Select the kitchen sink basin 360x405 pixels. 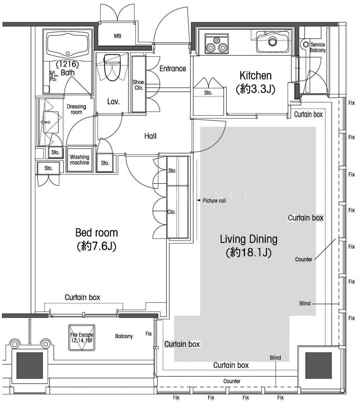tap(273, 42)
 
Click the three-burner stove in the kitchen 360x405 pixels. tap(217, 44)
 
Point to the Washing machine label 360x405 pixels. tap(80, 160)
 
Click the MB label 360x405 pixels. tap(117, 36)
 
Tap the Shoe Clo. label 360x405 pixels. tap(139, 85)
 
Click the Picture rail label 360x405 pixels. tap(214, 201)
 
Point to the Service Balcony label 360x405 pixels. tap(317, 47)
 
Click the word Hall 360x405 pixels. tap(150, 136)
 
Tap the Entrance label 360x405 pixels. tap(173, 69)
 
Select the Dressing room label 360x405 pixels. tap(76, 109)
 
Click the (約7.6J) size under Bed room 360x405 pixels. tap(96, 246)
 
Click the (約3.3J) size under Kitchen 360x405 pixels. tap(256, 89)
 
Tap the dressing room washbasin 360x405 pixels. tap(51, 122)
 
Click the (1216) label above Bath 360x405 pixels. tap(67, 64)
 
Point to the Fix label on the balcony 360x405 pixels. tap(148, 334)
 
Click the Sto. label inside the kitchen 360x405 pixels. tap(208, 93)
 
